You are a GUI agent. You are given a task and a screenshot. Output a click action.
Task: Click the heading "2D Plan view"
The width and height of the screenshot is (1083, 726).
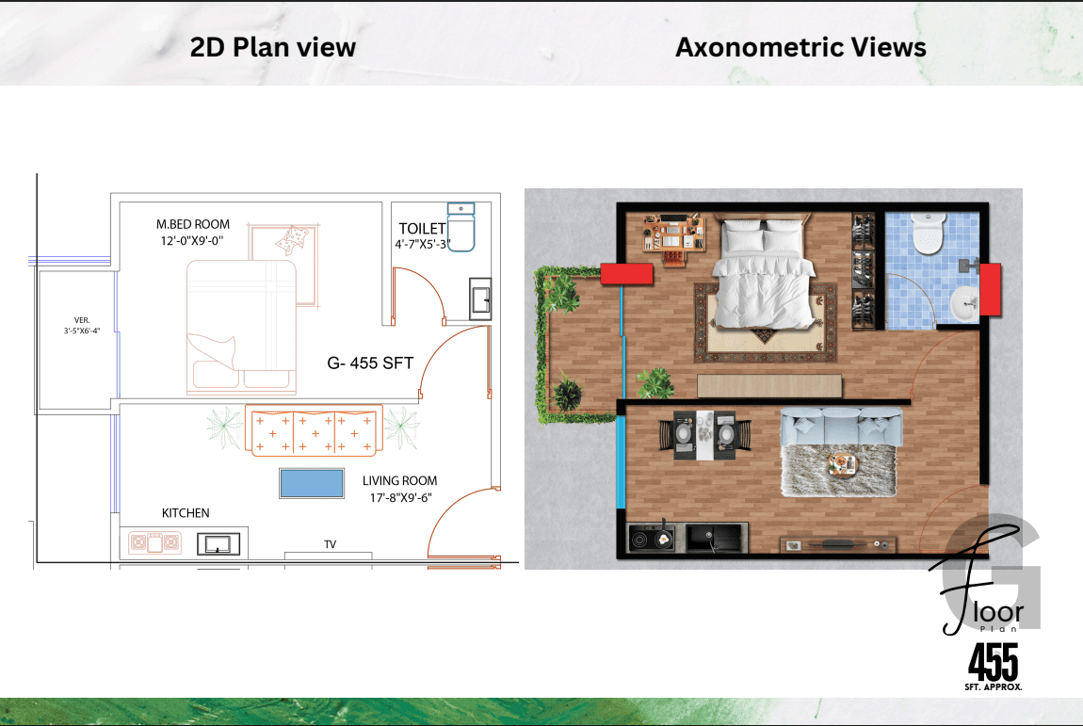(273, 47)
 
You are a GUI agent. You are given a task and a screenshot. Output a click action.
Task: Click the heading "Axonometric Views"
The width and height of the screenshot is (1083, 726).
(800, 47)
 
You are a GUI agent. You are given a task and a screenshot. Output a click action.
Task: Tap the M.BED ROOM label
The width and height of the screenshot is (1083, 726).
(193, 224)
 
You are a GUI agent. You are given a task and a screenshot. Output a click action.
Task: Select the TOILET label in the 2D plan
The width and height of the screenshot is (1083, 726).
(422, 229)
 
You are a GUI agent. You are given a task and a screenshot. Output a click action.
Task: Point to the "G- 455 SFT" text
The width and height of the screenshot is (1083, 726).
(370, 363)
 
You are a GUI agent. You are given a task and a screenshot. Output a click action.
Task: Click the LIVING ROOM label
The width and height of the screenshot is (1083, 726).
(400, 481)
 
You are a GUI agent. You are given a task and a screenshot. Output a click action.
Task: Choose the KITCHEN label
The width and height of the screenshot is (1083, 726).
(186, 513)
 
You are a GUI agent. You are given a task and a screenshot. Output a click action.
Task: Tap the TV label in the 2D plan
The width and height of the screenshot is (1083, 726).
(331, 544)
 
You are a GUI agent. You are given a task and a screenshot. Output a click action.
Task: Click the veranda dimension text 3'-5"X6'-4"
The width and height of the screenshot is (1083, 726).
(82, 331)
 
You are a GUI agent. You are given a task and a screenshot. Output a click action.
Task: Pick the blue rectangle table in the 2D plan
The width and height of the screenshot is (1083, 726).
(312, 484)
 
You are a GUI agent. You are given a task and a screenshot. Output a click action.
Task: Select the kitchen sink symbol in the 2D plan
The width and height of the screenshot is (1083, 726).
(218, 544)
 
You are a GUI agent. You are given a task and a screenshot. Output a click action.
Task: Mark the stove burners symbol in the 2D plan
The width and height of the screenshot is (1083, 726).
(154, 543)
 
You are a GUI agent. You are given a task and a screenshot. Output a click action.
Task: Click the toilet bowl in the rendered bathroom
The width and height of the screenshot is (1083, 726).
(928, 232)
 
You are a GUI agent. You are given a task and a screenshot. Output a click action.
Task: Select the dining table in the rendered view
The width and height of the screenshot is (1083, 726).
(704, 435)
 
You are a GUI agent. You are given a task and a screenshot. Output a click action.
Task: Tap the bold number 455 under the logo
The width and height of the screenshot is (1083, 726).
(994, 662)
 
